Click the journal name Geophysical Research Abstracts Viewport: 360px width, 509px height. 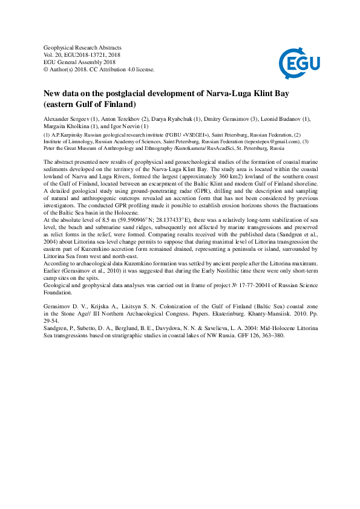[x=83, y=47]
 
